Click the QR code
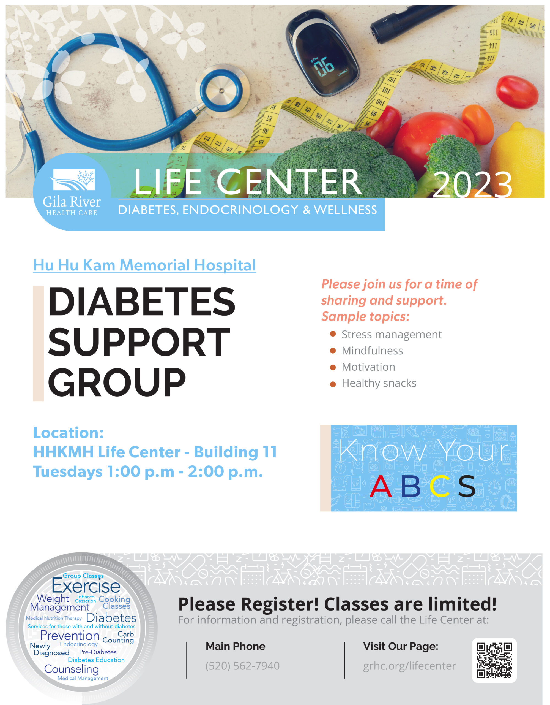pyautogui.click(x=494, y=660)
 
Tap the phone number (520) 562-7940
pyautogui.click(x=243, y=666)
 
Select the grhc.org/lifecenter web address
pyautogui.click(x=409, y=666)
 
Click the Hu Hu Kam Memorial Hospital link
pyautogui.click(x=144, y=265)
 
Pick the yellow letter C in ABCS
pyautogui.click(x=440, y=486)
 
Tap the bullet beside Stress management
pyautogui.click(x=333, y=334)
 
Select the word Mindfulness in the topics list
pyautogui.click(x=372, y=351)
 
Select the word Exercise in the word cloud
pyautogui.click(x=86, y=586)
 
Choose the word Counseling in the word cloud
pyautogui.click(x=71, y=669)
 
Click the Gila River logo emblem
pyautogui.click(x=74, y=180)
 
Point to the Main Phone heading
pyautogui.click(x=236, y=646)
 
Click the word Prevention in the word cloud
pyautogui.click(x=70, y=635)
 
